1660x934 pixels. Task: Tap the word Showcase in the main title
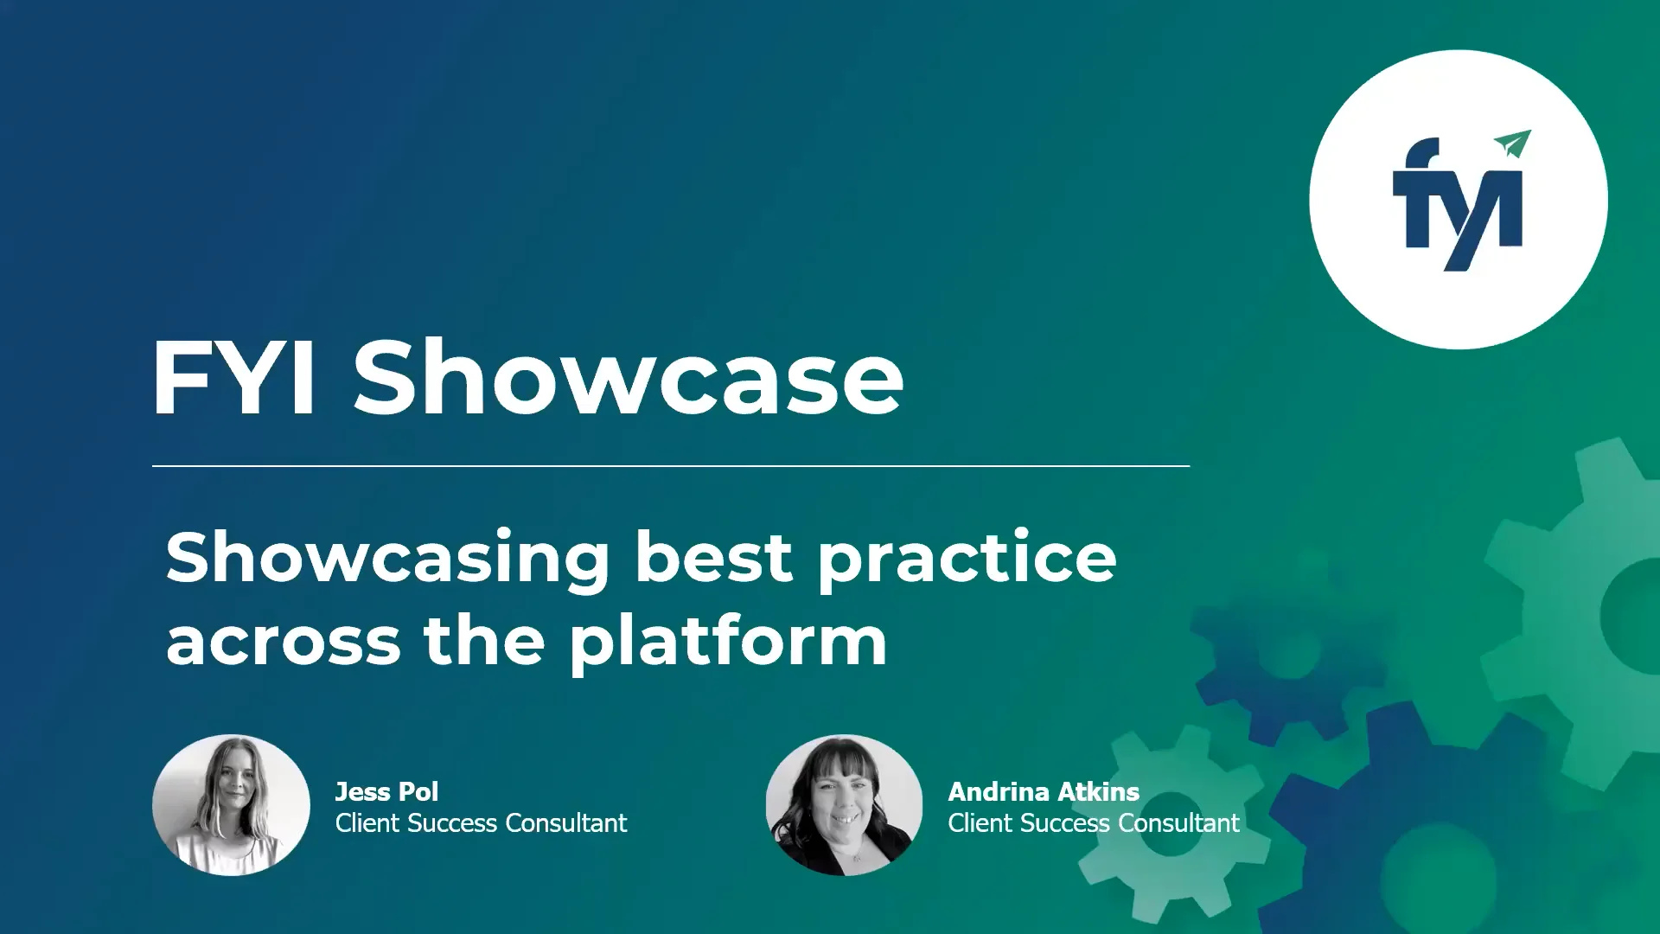[628, 378]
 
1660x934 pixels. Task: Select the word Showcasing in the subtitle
[388, 559]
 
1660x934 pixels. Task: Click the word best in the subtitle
[713, 557]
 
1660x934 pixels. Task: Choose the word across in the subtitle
[284, 642]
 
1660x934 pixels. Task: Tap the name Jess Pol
[386, 791]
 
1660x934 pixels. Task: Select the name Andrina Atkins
[1044, 791]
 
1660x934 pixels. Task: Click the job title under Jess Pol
[481, 823]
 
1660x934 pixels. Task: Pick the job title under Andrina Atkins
[1093, 823]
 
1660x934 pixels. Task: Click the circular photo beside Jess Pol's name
[231, 805]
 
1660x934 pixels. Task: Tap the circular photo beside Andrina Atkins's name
[844, 805]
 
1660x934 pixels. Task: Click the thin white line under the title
[671, 466]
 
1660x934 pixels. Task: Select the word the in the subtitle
[483, 642]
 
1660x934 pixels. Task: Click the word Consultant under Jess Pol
[565, 823]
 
